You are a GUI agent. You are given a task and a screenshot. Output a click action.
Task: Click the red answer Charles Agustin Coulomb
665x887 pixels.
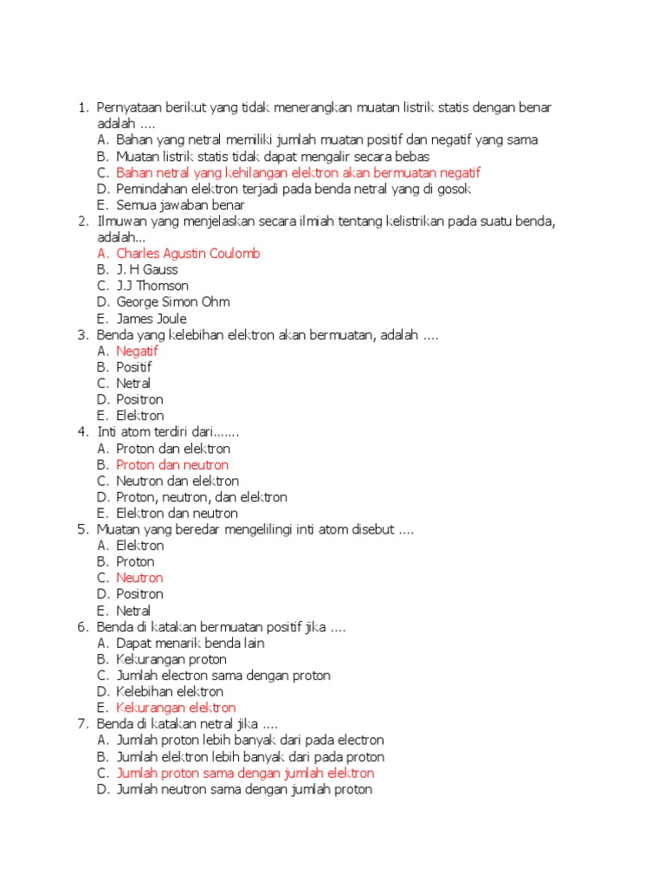click(x=188, y=253)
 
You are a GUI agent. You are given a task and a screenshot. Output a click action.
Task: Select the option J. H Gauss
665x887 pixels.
click(x=147, y=269)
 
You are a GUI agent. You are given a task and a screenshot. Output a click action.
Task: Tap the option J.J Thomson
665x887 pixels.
click(x=152, y=286)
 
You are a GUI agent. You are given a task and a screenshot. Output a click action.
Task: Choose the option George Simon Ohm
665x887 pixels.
click(x=173, y=302)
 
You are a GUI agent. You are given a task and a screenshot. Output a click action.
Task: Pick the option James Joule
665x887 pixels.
click(x=152, y=319)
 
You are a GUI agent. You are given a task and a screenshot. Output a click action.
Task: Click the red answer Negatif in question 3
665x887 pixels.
click(x=138, y=351)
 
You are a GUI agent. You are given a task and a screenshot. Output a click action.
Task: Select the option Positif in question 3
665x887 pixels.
click(x=134, y=367)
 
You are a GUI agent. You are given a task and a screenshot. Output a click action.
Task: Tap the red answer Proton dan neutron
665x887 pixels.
click(x=172, y=464)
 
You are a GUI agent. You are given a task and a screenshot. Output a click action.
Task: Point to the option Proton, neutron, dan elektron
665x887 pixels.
click(x=202, y=497)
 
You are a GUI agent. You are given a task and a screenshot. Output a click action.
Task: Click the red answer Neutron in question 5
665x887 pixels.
click(x=139, y=578)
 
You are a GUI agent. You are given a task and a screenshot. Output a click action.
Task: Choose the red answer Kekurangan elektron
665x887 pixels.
click(x=176, y=708)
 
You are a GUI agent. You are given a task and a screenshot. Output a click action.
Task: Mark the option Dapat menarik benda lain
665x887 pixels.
click(x=190, y=643)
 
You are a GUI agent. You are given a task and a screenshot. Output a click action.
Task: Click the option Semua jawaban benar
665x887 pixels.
click(x=180, y=204)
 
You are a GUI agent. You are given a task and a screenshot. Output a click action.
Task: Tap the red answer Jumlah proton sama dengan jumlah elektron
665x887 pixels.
click(x=245, y=773)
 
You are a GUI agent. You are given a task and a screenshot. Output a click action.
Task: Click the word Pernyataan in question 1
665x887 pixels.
click(x=129, y=107)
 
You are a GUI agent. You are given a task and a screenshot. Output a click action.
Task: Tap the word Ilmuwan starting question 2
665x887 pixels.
click(x=119, y=221)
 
